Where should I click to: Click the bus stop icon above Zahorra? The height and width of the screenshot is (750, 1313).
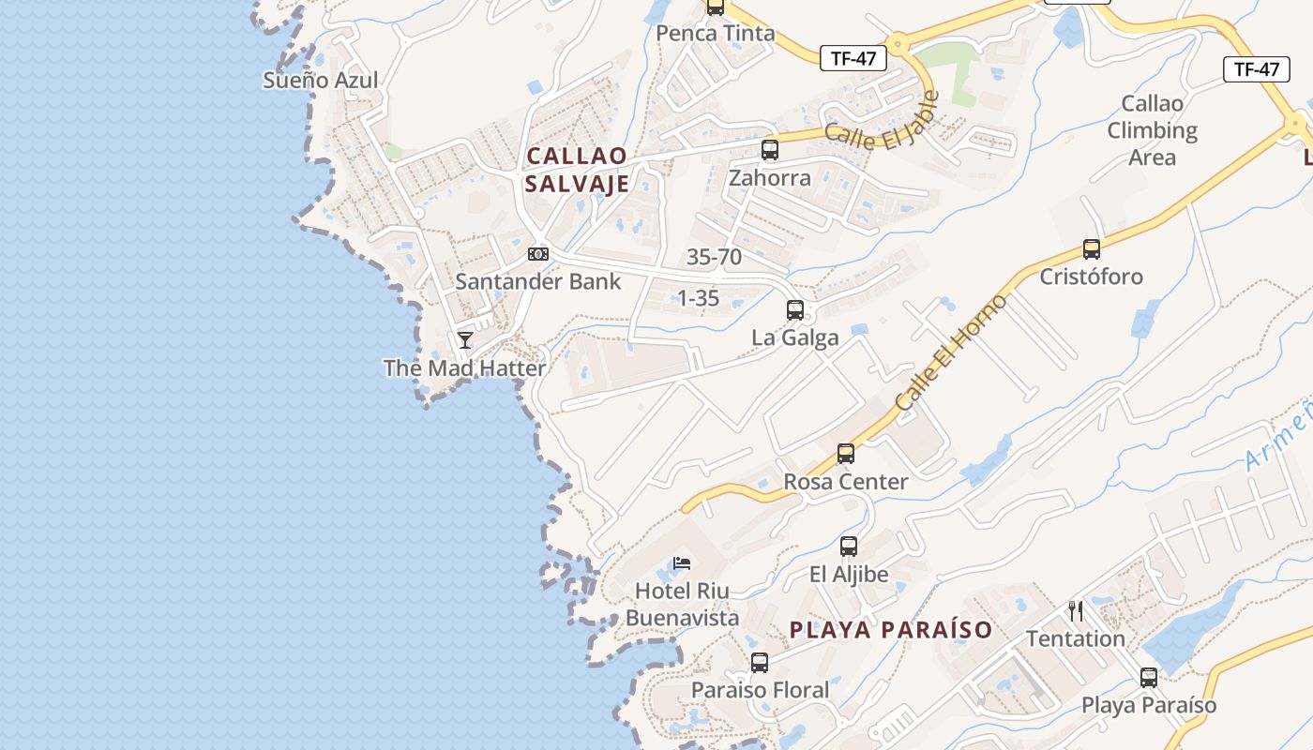point(770,149)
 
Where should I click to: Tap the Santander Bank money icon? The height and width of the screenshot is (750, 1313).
point(537,254)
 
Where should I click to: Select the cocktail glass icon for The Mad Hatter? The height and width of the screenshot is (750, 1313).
point(465,339)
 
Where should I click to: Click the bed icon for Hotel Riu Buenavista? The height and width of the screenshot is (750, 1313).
point(682,563)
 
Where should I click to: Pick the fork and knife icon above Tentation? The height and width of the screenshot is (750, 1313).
point(1076,611)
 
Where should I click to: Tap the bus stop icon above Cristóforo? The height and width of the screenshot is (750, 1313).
point(1091,249)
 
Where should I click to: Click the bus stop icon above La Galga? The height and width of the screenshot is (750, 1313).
point(795,309)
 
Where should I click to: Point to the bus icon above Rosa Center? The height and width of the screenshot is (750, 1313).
point(846,454)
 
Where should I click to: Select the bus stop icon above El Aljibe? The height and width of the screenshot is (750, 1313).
point(849,546)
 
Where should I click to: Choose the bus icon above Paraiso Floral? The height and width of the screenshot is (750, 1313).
point(760,663)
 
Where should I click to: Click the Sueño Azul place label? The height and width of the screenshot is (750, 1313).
point(321,81)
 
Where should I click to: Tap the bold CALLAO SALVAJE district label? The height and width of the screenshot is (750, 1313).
point(577,170)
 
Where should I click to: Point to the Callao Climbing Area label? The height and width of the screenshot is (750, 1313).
point(1153,130)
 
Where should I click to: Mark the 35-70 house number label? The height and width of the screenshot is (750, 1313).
point(714,257)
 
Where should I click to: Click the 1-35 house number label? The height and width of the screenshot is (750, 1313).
point(698,298)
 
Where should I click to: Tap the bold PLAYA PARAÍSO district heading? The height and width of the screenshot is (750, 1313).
point(891,630)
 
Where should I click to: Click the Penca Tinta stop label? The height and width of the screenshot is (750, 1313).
point(716,34)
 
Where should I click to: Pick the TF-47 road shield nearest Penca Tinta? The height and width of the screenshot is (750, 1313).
point(853,58)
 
